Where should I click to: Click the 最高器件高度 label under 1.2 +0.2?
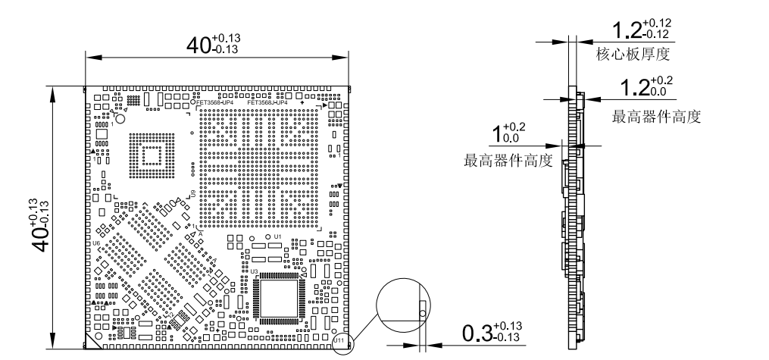[655, 117]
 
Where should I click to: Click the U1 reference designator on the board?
[278, 237]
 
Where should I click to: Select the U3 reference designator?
[255, 271]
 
